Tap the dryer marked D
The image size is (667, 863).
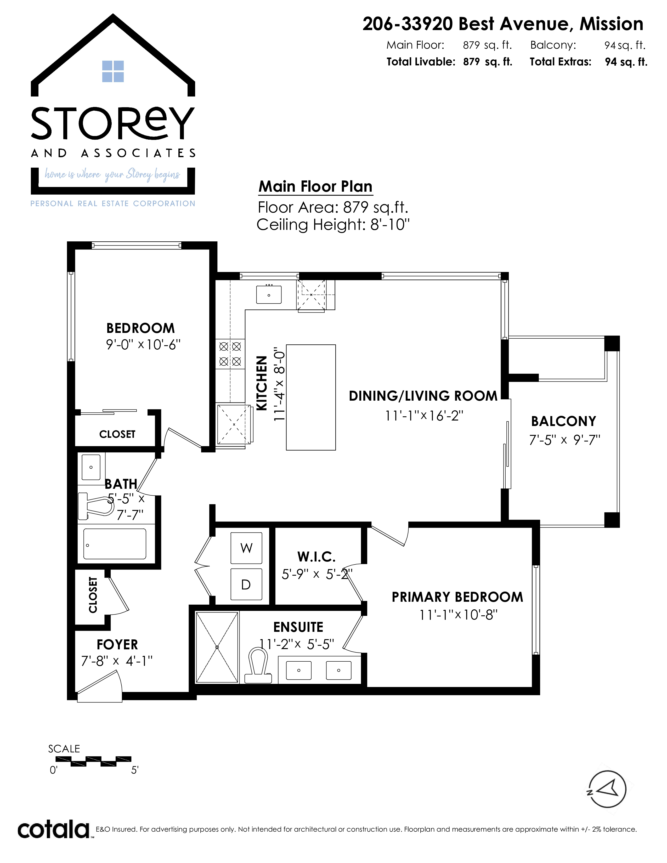tap(246, 584)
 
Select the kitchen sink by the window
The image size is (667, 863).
tap(269, 294)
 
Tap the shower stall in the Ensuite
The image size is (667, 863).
tap(217, 647)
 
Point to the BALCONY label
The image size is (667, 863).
tap(563, 421)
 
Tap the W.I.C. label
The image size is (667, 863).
tap(316, 557)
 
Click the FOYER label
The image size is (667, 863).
tap(117, 644)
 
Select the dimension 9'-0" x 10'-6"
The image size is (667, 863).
tap(143, 345)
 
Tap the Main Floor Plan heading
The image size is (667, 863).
tap(315, 186)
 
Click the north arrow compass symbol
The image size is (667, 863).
tap(607, 790)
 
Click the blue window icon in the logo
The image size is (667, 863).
tap(113, 71)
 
